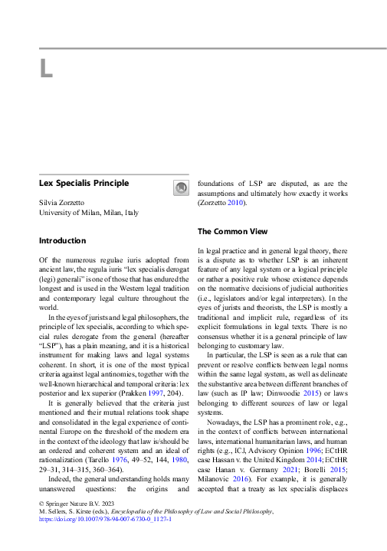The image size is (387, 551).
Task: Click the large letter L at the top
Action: [46, 69]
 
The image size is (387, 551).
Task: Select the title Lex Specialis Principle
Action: [84, 183]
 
